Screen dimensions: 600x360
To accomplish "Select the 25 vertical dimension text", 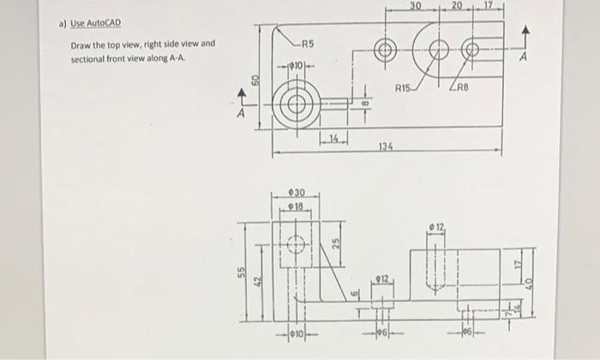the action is coord(336,243).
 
